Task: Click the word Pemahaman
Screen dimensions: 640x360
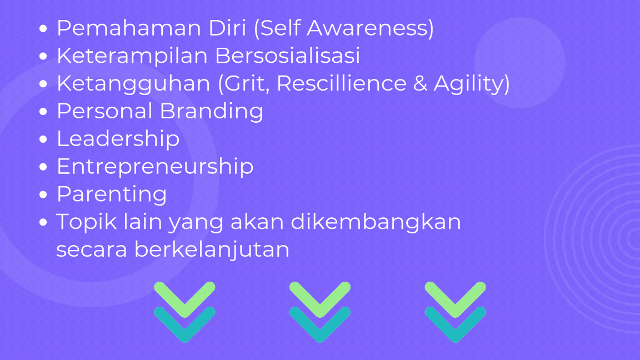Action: pos(129,28)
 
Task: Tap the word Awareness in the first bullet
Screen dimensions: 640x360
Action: pos(370,28)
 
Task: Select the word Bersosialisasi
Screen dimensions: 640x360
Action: pos(288,56)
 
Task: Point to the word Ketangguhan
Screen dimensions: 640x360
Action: pos(133,84)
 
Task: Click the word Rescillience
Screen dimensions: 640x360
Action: pos(342,83)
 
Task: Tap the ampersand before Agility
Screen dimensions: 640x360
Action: pos(420,83)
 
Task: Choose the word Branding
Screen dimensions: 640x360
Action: pos(212,112)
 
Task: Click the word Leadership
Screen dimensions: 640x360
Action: pos(118,139)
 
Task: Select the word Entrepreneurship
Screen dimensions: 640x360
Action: pos(155,167)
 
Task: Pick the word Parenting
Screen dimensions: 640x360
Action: pos(112,194)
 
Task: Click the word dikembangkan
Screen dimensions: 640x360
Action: pos(376,222)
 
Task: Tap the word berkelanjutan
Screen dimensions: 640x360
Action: pos(212,249)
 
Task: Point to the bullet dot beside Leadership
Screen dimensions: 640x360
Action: pos(43,139)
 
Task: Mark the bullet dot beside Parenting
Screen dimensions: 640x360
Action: pos(43,194)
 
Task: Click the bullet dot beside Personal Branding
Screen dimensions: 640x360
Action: pos(43,112)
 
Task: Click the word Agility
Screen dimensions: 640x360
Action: pos(472,84)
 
